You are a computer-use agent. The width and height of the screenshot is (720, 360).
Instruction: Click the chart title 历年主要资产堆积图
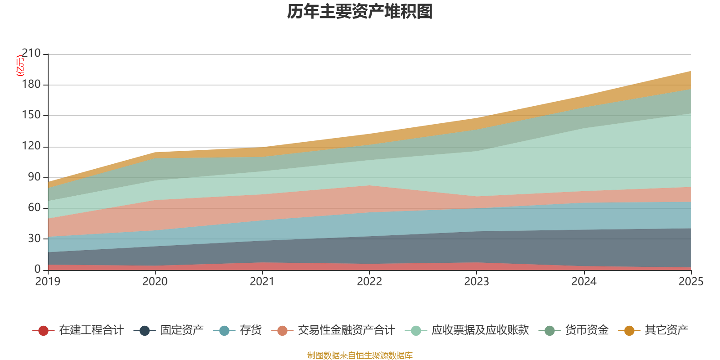coord(360,12)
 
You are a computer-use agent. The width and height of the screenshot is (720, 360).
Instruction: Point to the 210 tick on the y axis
coord(31,54)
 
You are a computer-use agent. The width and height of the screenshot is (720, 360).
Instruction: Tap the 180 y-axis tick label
coord(31,85)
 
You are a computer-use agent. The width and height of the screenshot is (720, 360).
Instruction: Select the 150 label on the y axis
coord(31,115)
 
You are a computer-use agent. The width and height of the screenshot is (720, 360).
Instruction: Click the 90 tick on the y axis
coord(34,177)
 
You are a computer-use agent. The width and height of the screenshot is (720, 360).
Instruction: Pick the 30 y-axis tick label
coord(34,238)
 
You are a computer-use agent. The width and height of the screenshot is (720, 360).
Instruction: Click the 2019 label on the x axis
coord(48,282)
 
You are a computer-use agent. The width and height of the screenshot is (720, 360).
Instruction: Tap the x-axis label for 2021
coord(262,282)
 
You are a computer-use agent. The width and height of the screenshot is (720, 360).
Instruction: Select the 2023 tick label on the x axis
coord(477,282)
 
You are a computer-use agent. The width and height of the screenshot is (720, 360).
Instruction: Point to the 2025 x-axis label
coord(691,282)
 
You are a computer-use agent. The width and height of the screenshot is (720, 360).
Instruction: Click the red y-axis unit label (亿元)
coord(20,66)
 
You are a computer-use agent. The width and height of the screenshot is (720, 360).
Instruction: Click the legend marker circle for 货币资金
coord(549,331)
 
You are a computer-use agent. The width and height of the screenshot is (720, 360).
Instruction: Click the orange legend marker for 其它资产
coord(629,331)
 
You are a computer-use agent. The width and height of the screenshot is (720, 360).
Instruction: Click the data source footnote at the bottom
coord(360,355)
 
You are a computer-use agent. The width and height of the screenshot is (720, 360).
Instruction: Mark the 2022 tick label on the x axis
coord(369,282)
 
